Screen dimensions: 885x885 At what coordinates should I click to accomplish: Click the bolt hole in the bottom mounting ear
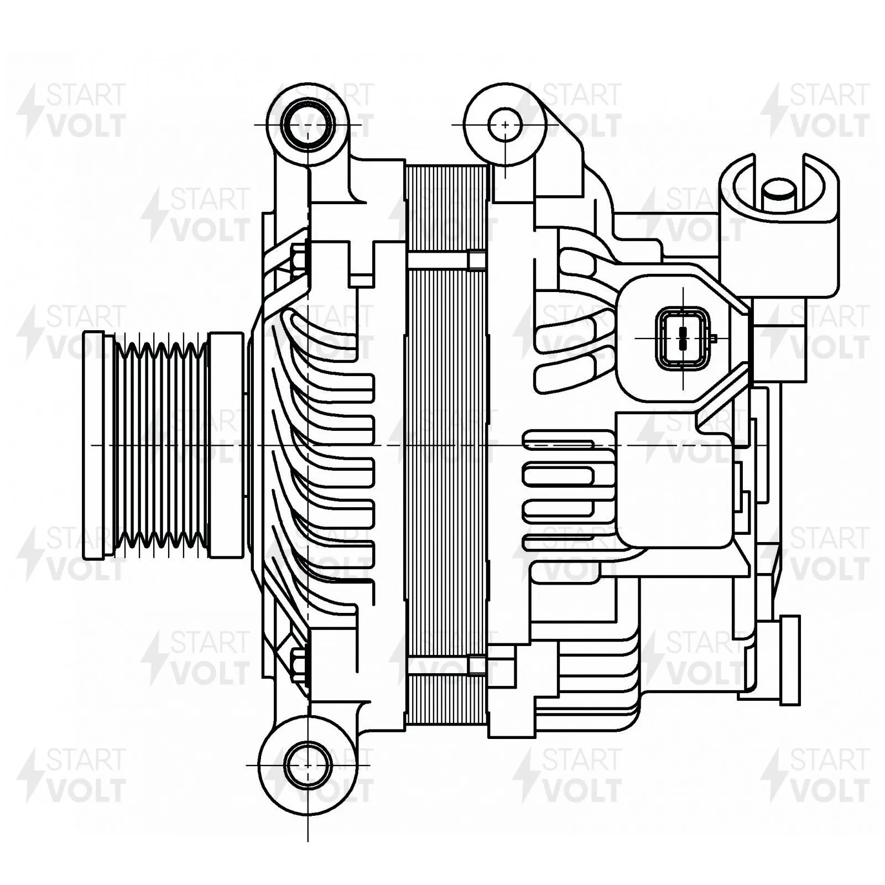coord(308,765)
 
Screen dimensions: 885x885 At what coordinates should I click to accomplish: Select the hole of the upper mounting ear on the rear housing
coord(506,125)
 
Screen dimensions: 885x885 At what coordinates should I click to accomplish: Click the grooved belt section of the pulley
coord(160,445)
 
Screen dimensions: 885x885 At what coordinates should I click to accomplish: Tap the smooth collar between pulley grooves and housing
coord(226,445)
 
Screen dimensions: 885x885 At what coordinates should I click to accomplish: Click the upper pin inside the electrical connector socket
coord(684,332)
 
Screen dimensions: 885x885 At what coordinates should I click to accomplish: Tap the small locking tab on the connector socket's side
coord(714,337)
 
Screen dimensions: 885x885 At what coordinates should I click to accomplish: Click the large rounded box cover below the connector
coord(678,480)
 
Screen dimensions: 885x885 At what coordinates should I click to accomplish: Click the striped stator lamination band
coord(447,445)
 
